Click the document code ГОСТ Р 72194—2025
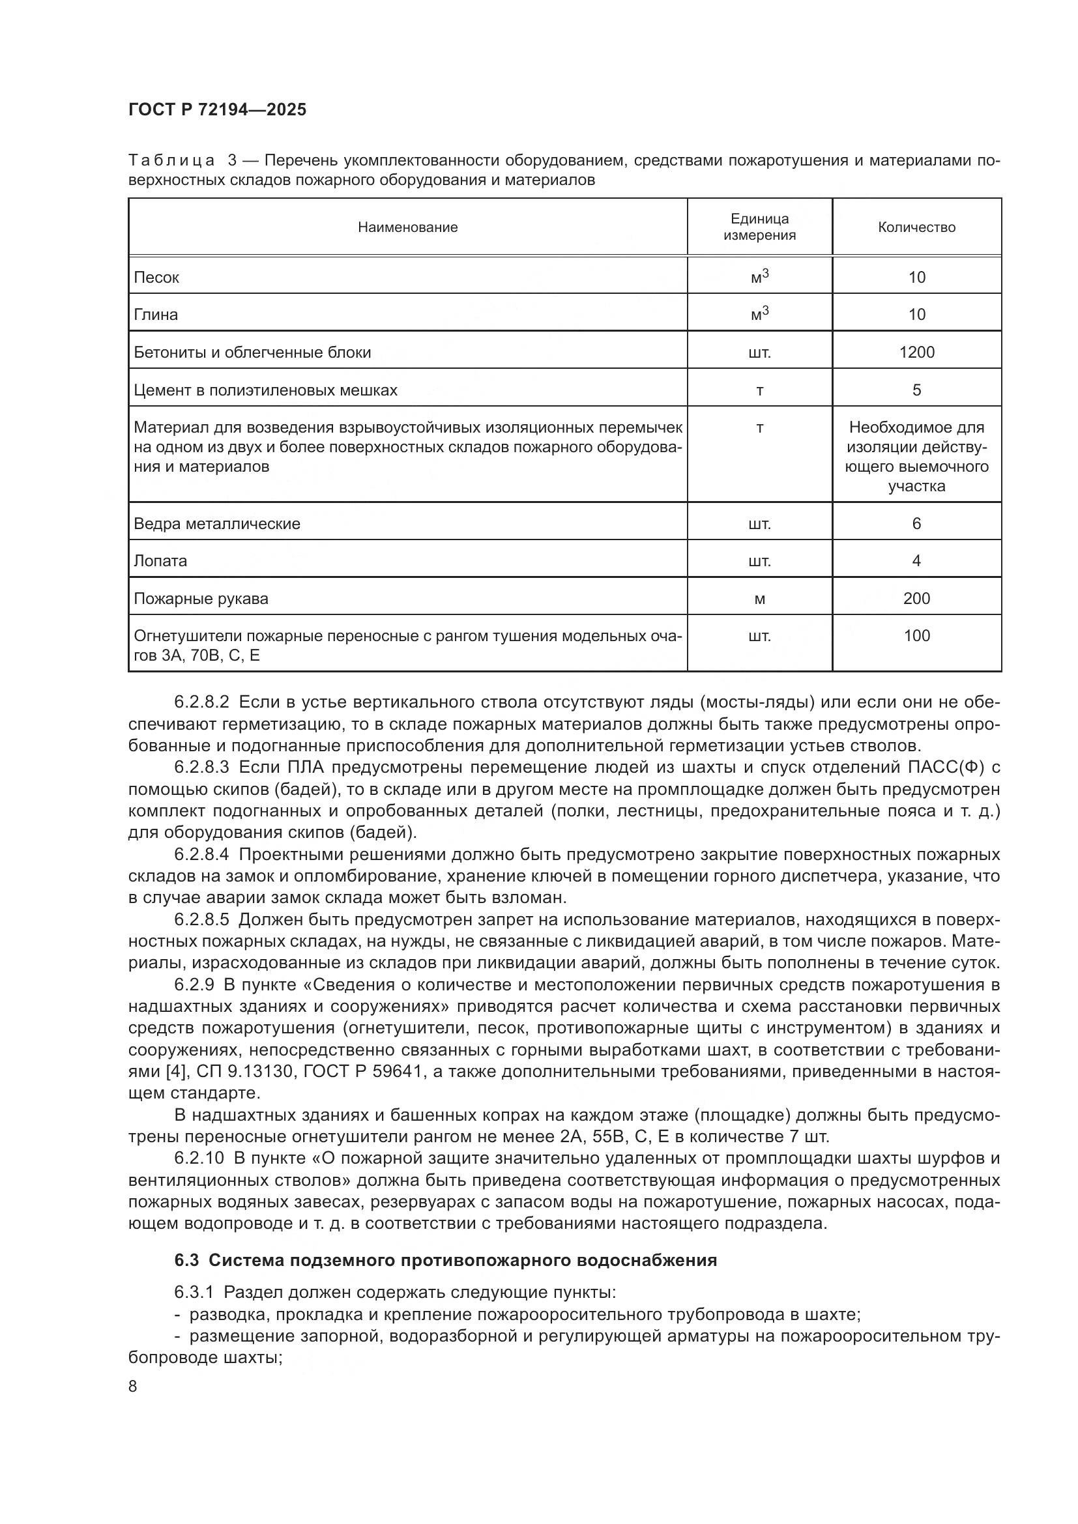point(217,109)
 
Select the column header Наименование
point(407,227)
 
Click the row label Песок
point(156,278)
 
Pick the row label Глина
point(156,315)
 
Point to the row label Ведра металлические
point(217,524)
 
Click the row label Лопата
point(160,561)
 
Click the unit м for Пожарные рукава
point(759,599)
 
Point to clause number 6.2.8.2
point(202,702)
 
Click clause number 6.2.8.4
point(202,855)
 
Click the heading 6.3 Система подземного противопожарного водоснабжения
point(445,1261)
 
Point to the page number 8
point(133,1387)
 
